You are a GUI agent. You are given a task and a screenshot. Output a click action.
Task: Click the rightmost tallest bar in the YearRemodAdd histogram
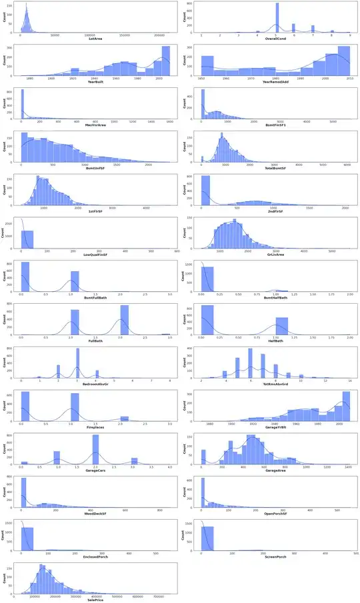point(344,60)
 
